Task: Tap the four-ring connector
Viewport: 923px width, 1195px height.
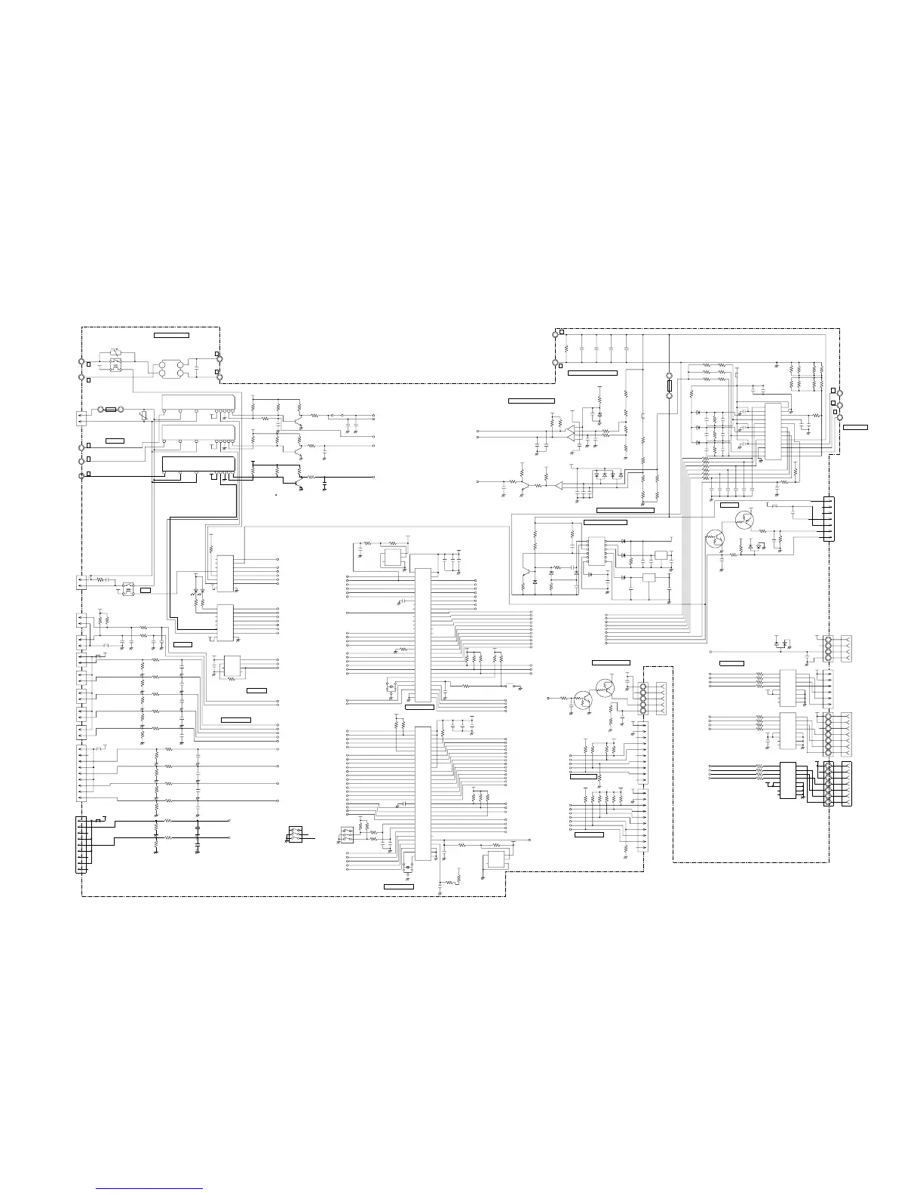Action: pos(828,648)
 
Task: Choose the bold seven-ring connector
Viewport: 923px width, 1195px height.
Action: pos(829,785)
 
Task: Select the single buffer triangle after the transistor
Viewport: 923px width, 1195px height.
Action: pos(559,485)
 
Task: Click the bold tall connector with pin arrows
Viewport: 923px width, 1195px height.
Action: pos(81,844)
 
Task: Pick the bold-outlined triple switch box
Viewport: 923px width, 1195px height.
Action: pos(295,834)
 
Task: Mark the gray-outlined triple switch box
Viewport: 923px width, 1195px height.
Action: pos(348,835)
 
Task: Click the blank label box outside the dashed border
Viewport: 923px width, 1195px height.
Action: pos(855,427)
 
